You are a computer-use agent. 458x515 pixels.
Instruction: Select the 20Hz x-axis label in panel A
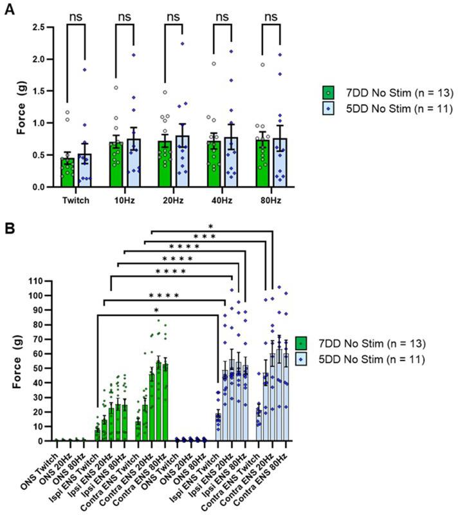[x=173, y=200]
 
